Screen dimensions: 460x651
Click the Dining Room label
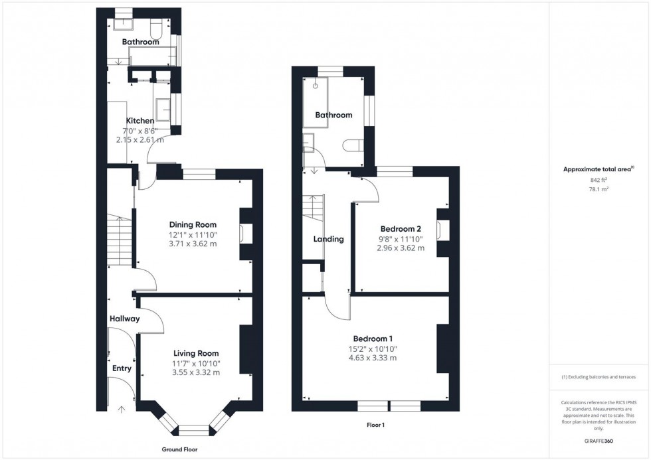pos(193,224)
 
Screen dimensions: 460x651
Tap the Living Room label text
pos(196,353)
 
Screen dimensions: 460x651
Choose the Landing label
pos(329,239)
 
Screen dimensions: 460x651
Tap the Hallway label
pos(125,319)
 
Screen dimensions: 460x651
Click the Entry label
pos(122,368)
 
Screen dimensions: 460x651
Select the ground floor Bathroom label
pos(140,42)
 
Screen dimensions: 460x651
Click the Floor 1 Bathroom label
pos(333,115)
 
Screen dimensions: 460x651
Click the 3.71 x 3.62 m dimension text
pos(193,244)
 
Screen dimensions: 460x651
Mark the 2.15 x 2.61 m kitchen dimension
pos(140,140)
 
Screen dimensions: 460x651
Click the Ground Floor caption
pos(179,449)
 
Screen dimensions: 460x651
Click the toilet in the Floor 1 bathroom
pos(351,145)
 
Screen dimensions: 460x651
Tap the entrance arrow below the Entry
pos(121,410)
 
